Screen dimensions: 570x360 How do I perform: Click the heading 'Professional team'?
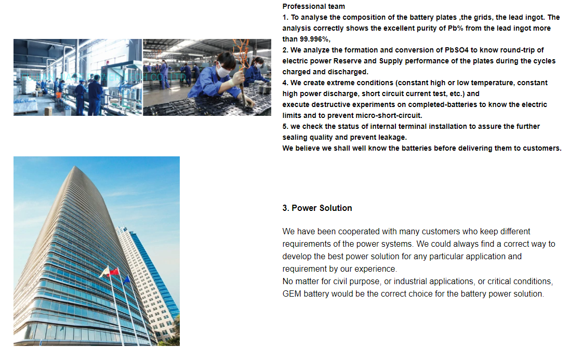pos(313,6)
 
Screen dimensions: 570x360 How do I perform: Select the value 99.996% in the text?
pos(314,39)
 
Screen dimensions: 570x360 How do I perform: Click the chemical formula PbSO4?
pos(457,50)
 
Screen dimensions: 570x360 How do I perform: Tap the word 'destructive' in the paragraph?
pos(335,104)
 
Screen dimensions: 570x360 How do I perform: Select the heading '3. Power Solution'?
pos(317,208)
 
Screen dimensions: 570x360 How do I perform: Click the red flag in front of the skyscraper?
pos(114,272)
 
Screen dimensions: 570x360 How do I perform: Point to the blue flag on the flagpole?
pos(126,279)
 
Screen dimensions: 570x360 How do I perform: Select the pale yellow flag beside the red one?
pos(104,271)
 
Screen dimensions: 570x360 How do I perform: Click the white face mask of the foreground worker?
pos(223,71)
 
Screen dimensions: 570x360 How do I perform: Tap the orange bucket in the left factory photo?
pos(58,95)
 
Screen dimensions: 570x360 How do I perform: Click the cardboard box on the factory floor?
pos(48,111)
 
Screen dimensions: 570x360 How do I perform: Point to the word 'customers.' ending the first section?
pos(542,148)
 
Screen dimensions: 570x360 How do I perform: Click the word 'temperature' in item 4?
pos(494,83)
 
